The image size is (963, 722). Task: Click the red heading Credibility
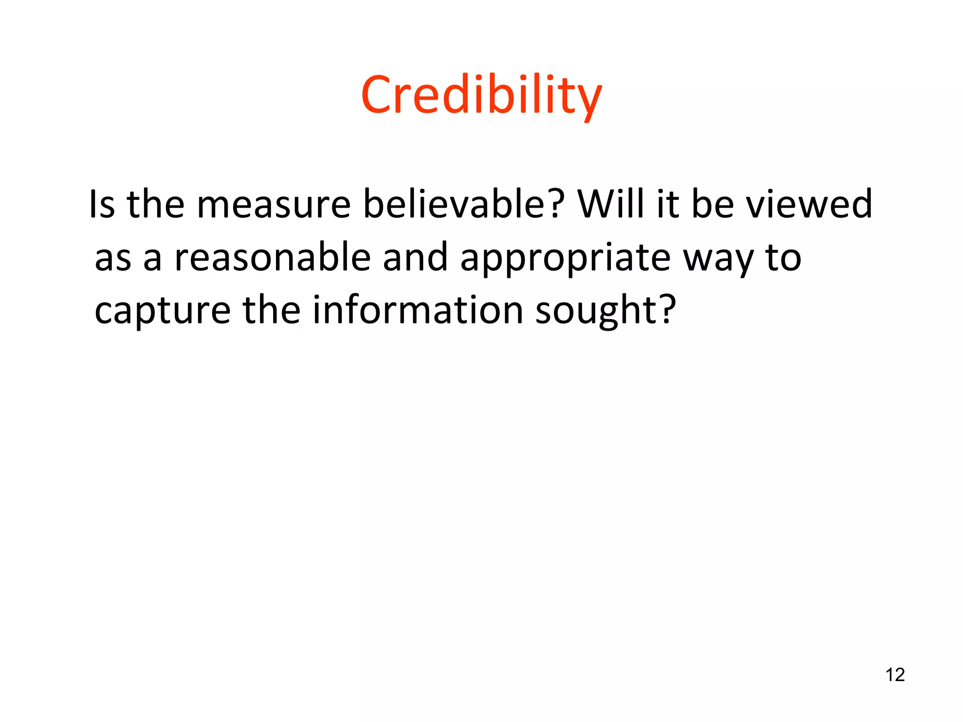coord(481,95)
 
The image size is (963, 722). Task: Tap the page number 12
coord(895,675)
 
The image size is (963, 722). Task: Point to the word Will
coord(611,204)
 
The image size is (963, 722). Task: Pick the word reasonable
coord(272,258)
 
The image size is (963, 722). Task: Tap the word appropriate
coord(565,259)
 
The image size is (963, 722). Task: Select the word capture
coord(162,311)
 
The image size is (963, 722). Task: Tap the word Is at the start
coord(102,204)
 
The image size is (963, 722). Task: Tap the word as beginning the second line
coord(113,259)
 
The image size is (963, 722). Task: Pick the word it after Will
coord(667,204)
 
